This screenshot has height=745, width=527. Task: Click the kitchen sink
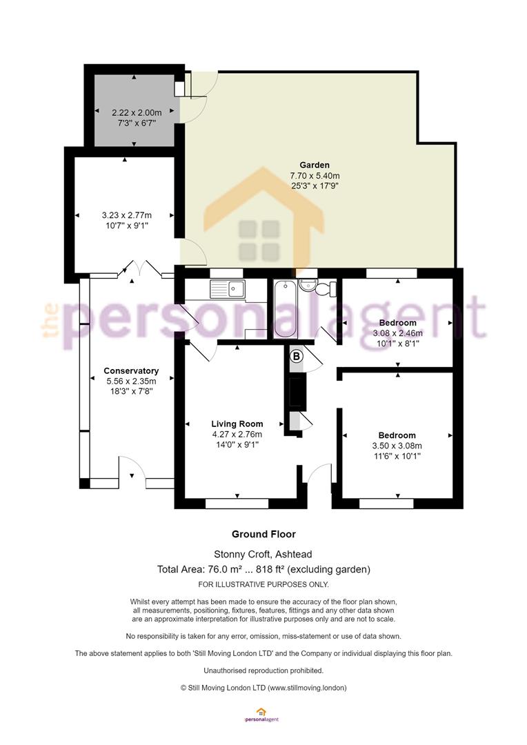coord(228,289)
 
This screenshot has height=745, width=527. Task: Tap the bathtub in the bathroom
coord(285,309)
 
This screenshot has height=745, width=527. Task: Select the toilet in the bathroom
coord(328,288)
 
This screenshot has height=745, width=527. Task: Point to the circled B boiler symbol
coord(296,355)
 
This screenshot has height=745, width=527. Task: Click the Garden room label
coord(314,165)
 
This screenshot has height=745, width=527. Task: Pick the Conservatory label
coord(131,370)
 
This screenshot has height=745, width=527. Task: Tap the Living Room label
coord(237,424)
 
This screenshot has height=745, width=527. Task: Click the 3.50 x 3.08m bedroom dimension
coord(397,446)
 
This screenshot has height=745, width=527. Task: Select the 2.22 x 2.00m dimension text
coord(137,112)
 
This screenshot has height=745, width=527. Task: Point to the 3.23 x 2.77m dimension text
coord(127,215)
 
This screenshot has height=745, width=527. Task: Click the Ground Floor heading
coord(263,534)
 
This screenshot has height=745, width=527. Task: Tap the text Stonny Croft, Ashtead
coord(263,554)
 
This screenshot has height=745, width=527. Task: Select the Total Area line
coord(263,569)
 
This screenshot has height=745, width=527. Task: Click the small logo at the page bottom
coord(261,715)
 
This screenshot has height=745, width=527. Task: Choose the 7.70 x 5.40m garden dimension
coord(315,176)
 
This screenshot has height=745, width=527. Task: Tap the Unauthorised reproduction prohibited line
coord(263,671)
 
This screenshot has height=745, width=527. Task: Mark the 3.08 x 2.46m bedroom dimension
coord(398,333)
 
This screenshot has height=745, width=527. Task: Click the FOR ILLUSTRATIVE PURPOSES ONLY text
coord(263,584)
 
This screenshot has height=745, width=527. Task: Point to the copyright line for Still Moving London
coord(263,688)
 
